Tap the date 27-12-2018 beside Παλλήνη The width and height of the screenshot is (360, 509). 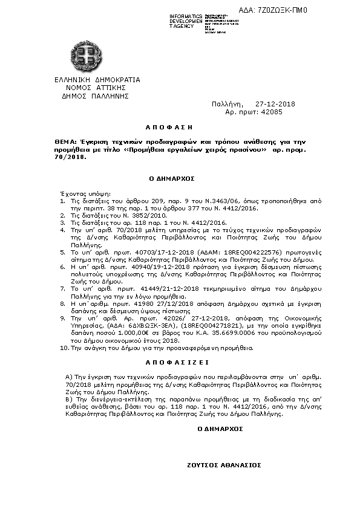tap(275, 104)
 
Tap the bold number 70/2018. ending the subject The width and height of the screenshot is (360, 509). tap(70, 157)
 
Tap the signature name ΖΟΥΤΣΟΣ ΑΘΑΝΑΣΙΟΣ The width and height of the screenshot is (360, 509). tap(224, 465)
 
